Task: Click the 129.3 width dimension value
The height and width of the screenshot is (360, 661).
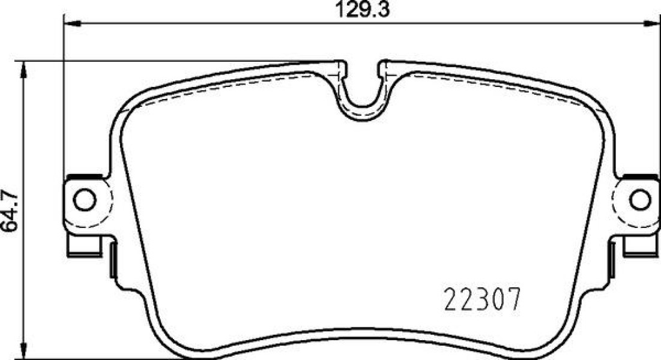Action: (362, 10)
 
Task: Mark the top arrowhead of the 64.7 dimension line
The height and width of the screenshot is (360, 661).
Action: (24, 70)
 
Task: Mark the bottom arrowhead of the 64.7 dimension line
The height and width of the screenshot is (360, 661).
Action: (24, 350)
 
